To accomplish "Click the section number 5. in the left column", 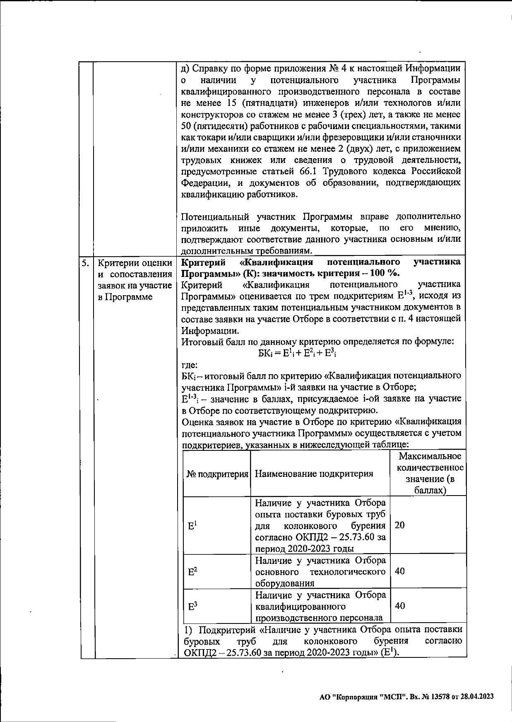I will point(85,263).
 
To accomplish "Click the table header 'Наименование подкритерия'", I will point(314,474).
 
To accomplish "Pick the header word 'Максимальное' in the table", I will point(430,456).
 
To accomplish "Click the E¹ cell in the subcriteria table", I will point(192,526).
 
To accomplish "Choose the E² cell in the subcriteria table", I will point(192,572).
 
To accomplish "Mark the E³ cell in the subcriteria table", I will point(192,606).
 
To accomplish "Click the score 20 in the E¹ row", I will point(400,525).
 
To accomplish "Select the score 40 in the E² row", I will point(400,571).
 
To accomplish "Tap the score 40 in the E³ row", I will point(400,606).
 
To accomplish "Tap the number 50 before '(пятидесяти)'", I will point(186,125).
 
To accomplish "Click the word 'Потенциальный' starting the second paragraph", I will point(215,217).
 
